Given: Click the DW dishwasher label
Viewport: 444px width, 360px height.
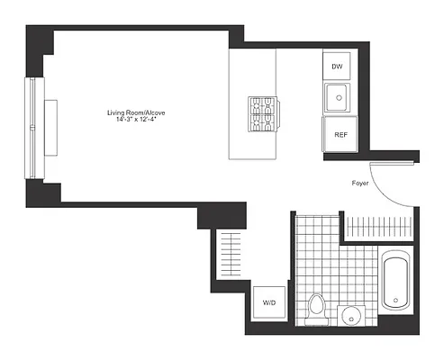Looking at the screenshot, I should point(337,67).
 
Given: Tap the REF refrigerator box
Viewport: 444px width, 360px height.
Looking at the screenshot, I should point(340,134).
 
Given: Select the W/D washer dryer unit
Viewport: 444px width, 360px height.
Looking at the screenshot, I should point(269,303).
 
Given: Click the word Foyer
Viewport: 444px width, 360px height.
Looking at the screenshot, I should point(363,184).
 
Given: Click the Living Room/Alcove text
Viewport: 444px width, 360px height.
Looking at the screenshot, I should point(136,112).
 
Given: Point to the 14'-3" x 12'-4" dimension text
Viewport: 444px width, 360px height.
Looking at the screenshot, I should point(136,121).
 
